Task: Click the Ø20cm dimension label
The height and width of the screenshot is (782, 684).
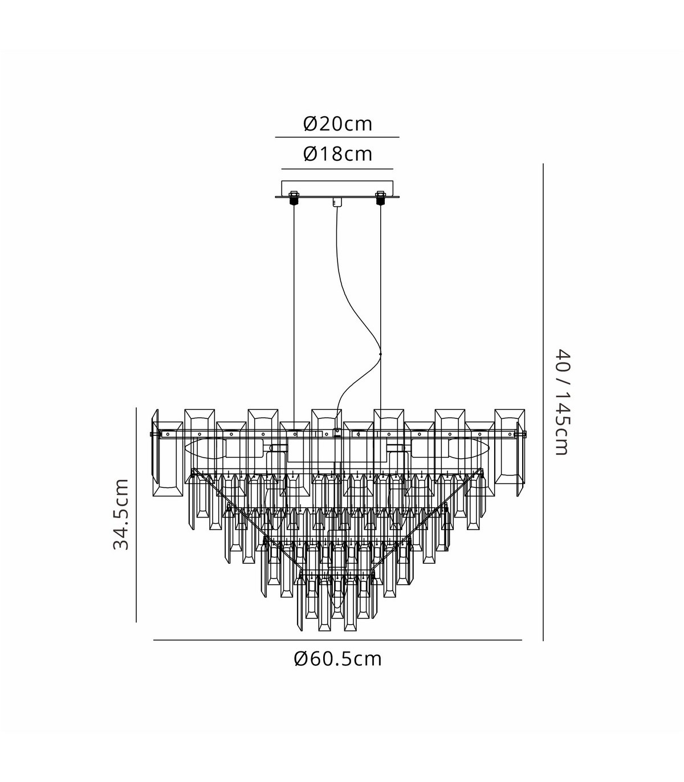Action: coord(338,124)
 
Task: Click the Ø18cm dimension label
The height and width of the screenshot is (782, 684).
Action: coord(338,154)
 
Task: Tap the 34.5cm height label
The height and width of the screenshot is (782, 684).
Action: coord(121,514)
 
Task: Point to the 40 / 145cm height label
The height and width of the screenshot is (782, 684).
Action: coord(563,402)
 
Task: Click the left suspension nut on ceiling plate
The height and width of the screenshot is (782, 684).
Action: coord(294,198)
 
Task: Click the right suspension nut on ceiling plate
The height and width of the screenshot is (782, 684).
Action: coord(380,198)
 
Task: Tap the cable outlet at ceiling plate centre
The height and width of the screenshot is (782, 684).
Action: coord(337,202)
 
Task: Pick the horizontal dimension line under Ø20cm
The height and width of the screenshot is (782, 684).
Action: coord(337,137)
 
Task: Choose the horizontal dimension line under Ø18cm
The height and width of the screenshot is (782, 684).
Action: coord(337,169)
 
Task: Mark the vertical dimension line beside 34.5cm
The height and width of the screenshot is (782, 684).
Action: coord(136,515)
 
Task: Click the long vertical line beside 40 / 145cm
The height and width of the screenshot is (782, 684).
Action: coord(543,402)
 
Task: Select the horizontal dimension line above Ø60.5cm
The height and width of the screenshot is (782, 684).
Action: coord(337,640)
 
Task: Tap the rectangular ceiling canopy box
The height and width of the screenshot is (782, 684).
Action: coord(337,189)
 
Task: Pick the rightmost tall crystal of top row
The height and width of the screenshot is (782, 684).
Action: coord(510,446)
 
